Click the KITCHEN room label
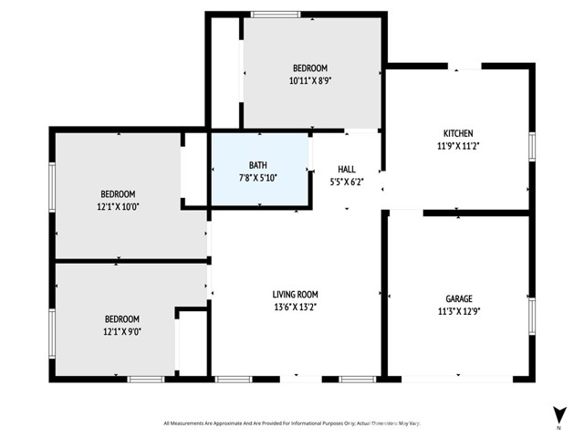458,133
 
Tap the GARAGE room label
459,298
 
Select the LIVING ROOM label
295,294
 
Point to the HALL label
347,169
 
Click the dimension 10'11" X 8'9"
309,80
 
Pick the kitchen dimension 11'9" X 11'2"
458,145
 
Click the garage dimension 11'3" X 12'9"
459,310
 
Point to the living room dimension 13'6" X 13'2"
295,307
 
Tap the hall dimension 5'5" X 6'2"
347,182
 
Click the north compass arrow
558,412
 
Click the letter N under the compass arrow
558,426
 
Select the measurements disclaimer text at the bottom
291,422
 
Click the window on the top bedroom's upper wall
276,14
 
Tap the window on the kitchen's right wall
532,146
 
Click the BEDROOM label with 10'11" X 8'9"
309,68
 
